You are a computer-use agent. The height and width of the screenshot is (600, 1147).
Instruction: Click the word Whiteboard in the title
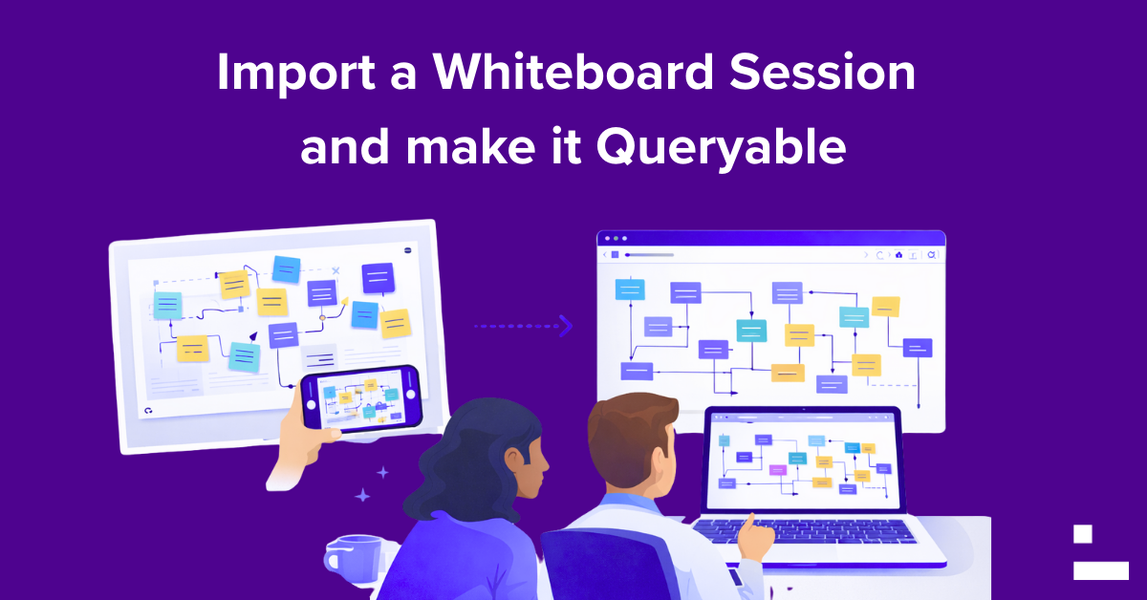pyautogui.click(x=573, y=72)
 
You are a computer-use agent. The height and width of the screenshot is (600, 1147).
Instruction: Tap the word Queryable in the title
pyautogui.click(x=721, y=148)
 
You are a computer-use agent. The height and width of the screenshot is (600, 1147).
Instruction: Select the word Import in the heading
pyautogui.click(x=296, y=74)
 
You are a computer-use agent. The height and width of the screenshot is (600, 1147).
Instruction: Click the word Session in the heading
pyautogui.click(x=822, y=72)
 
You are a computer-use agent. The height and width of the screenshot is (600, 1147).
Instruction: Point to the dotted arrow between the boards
pyautogui.click(x=524, y=326)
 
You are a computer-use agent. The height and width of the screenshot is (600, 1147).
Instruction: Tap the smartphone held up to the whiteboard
pyautogui.click(x=362, y=398)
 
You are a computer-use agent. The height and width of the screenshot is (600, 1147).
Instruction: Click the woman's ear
pyautogui.click(x=513, y=460)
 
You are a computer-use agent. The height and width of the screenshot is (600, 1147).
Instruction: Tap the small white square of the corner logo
pyautogui.click(x=1082, y=534)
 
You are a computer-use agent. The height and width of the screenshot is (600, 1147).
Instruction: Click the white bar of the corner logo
pyautogui.click(x=1101, y=570)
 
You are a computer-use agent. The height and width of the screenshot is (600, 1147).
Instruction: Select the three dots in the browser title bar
pyautogui.click(x=616, y=239)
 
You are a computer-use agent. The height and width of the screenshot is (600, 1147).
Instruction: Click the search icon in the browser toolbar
pyautogui.click(x=932, y=254)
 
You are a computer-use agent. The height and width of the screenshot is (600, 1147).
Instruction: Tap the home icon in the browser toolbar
pyautogui.click(x=898, y=254)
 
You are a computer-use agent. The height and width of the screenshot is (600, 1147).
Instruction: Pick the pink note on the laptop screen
pyautogui.click(x=778, y=469)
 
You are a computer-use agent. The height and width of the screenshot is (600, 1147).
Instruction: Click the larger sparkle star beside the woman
pyautogui.click(x=362, y=495)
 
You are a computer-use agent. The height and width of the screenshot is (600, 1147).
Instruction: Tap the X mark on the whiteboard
pyautogui.click(x=335, y=270)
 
